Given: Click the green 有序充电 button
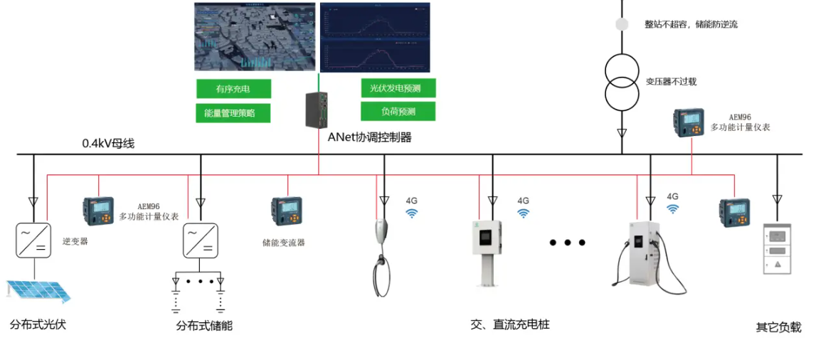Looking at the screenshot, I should (x=233, y=89).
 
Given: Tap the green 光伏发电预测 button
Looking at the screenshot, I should (x=398, y=88).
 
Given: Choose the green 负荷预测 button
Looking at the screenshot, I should (x=398, y=112).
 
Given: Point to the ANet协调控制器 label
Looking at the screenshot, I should (x=369, y=137).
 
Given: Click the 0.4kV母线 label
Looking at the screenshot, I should (x=108, y=144).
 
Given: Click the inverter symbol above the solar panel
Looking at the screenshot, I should (x=33, y=240).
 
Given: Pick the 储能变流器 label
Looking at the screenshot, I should (x=283, y=243).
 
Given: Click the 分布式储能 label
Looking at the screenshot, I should (x=204, y=326).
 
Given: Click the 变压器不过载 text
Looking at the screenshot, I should (x=671, y=82).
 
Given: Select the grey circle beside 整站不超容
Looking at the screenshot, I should (x=622, y=24).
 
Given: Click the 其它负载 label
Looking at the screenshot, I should (x=778, y=328).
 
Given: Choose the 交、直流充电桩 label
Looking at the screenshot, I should (x=510, y=324).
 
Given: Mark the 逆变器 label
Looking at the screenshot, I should (x=75, y=242).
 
